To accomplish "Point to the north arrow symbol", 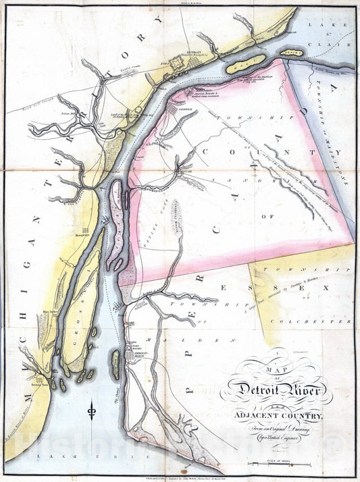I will click(91, 410).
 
